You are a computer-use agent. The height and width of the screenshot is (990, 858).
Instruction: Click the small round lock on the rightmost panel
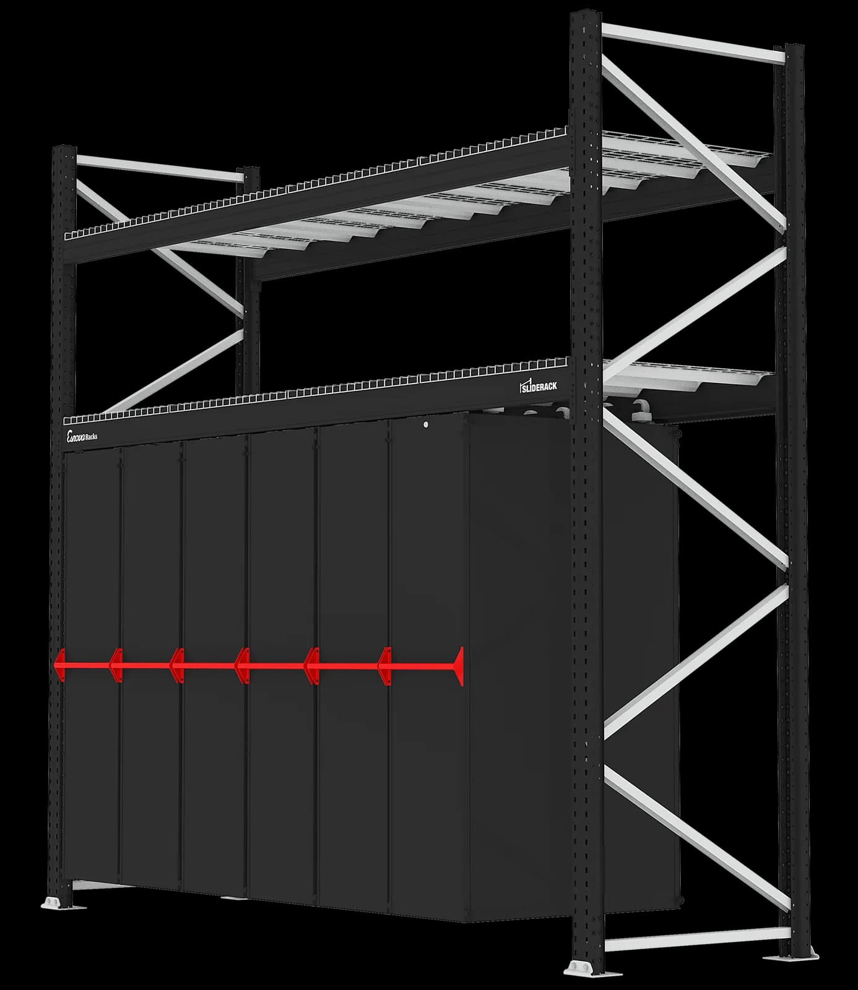point(427,424)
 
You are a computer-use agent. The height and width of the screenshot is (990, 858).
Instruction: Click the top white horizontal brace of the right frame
point(693,43)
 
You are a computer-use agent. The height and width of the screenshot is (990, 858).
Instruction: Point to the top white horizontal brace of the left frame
point(158,168)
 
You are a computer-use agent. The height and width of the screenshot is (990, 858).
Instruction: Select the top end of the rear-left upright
point(251,171)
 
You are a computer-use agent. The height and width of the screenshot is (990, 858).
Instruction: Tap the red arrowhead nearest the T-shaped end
point(385,666)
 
